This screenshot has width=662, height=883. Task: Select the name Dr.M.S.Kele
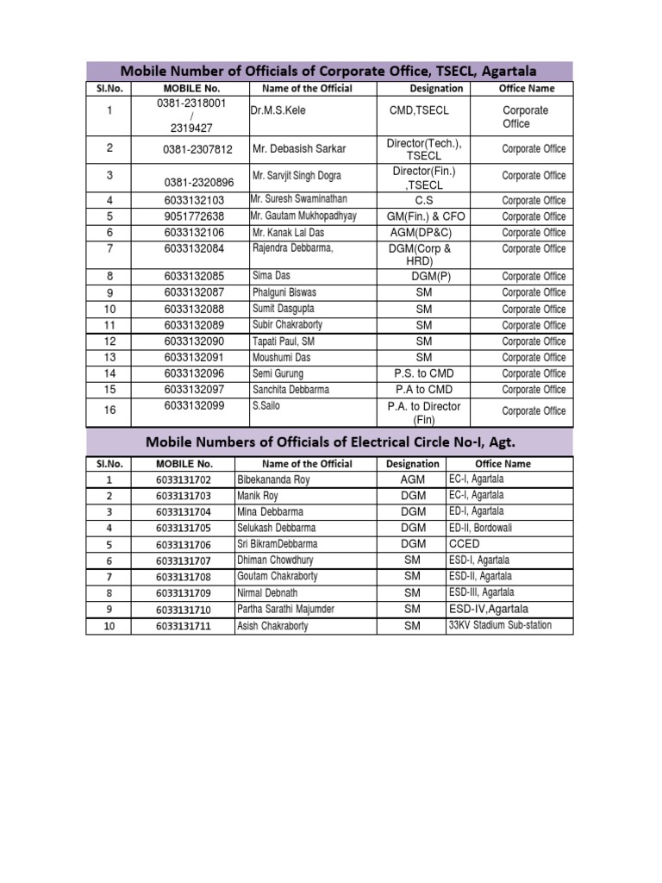[x=278, y=110]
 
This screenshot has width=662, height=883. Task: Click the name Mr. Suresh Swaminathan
[x=298, y=199]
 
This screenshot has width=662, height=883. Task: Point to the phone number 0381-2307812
[x=197, y=149]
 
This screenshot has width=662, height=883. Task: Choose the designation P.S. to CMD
[x=423, y=373]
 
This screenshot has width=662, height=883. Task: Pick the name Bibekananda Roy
[x=272, y=479]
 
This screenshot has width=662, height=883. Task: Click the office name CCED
[x=464, y=544]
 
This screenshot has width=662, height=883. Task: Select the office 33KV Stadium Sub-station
[x=500, y=625]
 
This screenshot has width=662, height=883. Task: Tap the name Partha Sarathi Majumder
[x=285, y=610]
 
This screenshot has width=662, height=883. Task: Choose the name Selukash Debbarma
[x=276, y=528]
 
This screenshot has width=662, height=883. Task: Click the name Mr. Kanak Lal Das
[x=288, y=233]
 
